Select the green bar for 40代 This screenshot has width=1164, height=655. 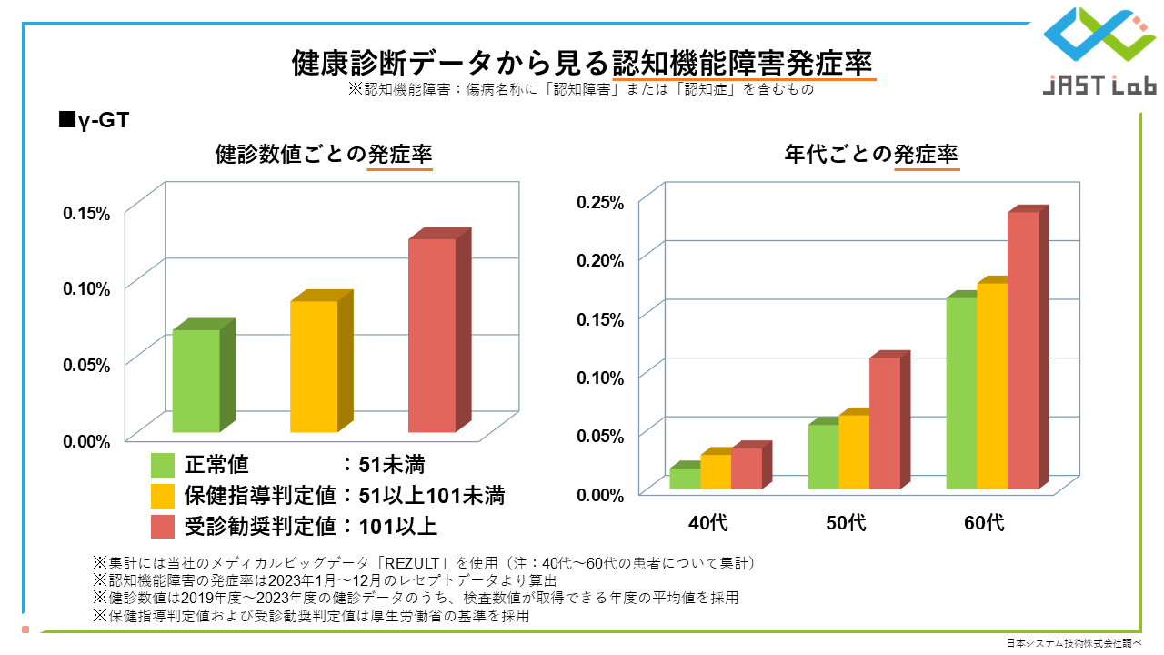tap(685, 479)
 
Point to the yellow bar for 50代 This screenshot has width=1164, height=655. tap(854, 452)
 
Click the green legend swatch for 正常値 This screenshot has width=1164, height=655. tap(163, 465)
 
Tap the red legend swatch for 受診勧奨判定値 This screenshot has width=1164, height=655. tap(163, 526)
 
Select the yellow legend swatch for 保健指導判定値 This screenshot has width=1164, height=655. tap(163, 496)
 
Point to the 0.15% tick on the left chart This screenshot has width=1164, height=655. tap(86, 213)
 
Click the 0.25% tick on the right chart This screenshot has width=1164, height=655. tap(601, 202)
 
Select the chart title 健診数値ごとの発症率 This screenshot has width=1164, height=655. tap(323, 154)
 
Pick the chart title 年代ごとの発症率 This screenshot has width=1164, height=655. tap(871, 154)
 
